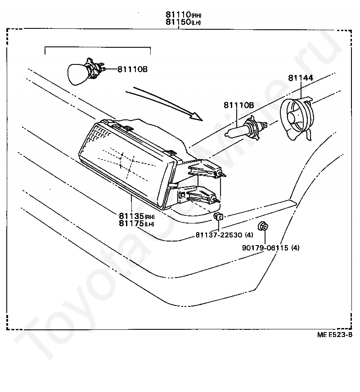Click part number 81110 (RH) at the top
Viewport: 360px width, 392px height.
(178, 14)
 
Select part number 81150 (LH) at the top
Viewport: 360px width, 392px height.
(178, 22)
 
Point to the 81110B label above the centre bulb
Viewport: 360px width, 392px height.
(238, 105)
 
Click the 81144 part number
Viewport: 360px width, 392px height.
(301, 78)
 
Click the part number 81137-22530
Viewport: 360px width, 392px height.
(220, 235)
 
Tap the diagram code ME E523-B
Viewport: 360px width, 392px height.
(334, 334)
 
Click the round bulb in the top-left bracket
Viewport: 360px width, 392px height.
(80, 73)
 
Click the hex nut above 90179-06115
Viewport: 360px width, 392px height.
(262, 226)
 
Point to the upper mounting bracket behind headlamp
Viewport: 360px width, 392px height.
(204, 169)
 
